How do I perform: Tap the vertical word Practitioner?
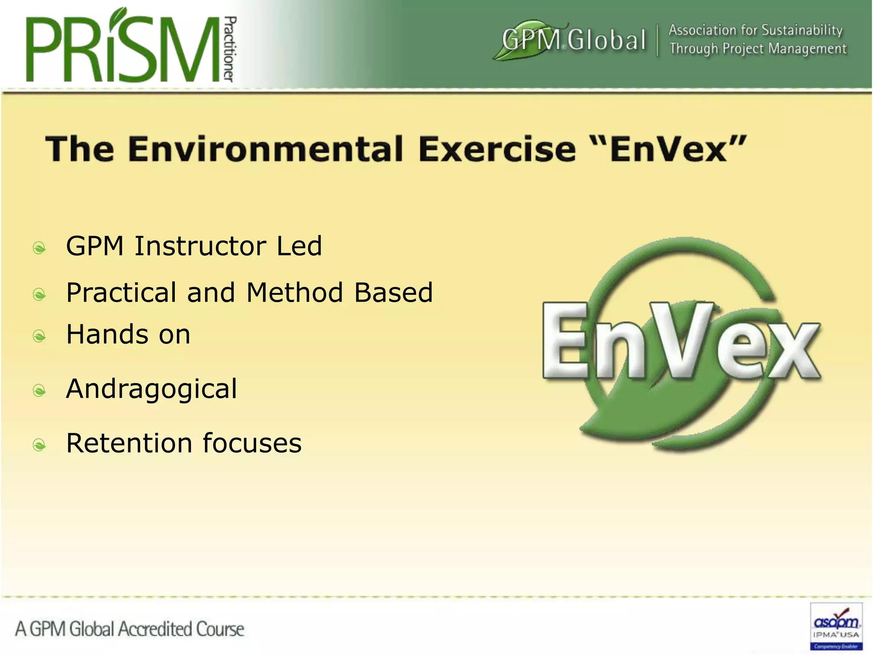click(229, 49)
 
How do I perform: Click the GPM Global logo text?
click(573, 40)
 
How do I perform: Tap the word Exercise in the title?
click(497, 149)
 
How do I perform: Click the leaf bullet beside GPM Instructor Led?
click(39, 247)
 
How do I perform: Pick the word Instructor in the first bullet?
click(200, 246)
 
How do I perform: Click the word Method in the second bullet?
click(295, 293)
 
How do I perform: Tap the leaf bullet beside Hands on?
click(39, 336)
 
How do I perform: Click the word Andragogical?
click(151, 389)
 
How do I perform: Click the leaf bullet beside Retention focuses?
click(39, 445)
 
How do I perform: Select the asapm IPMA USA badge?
click(836, 626)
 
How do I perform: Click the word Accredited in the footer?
click(155, 629)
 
